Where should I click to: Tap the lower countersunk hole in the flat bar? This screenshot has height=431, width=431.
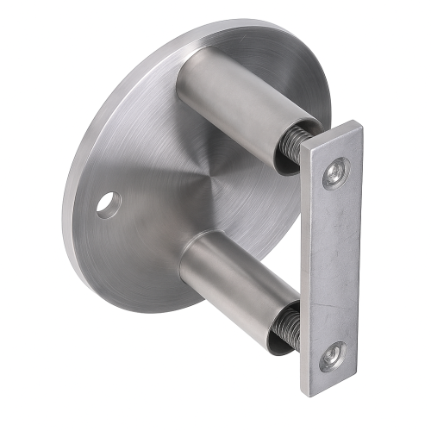pos(333,355)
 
